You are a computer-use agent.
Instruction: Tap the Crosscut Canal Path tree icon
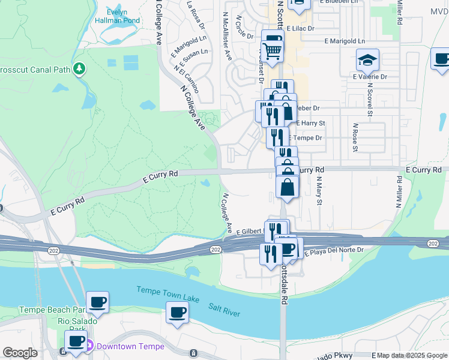click(x=79, y=69)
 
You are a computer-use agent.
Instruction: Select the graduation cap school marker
click(x=367, y=60)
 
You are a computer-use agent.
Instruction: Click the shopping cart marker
click(x=273, y=51)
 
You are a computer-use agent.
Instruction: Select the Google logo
click(x=20, y=353)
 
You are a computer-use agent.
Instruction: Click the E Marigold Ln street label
click(x=344, y=41)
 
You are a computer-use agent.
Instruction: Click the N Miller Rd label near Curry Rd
click(x=399, y=191)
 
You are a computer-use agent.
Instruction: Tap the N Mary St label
click(x=319, y=190)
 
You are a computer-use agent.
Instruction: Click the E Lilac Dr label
click(x=300, y=28)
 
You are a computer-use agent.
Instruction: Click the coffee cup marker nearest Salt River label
click(x=177, y=313)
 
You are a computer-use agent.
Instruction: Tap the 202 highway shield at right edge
click(x=433, y=242)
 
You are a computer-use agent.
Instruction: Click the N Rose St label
click(x=355, y=138)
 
